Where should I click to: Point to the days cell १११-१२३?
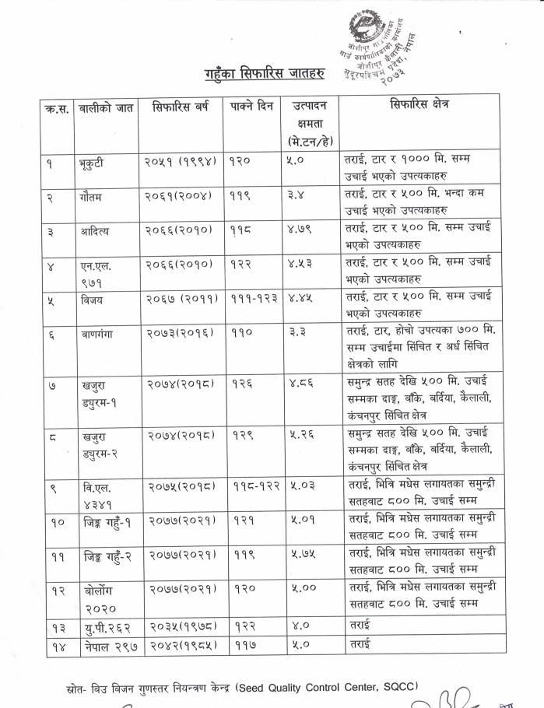[x=253, y=297]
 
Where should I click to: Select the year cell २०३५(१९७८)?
[x=182, y=625]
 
